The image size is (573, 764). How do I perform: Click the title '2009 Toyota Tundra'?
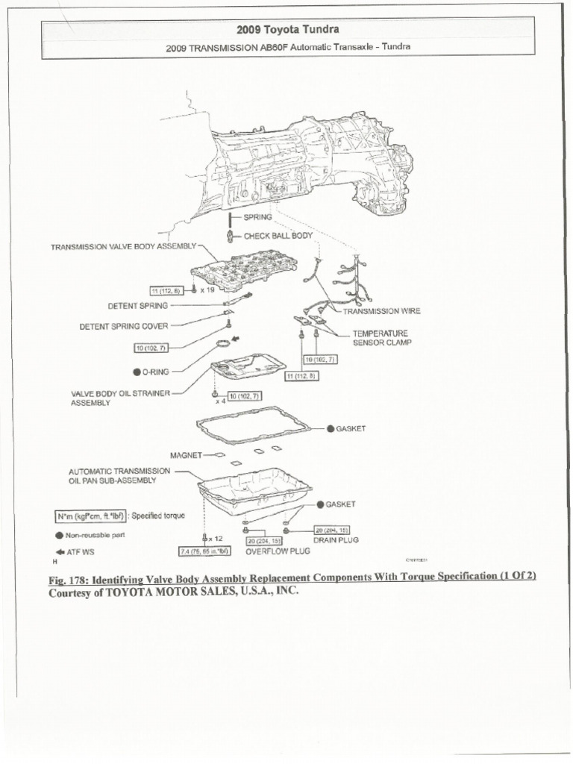(x=287, y=29)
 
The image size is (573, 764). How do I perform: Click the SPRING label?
(x=257, y=217)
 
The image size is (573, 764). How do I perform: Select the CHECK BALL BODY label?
(x=278, y=236)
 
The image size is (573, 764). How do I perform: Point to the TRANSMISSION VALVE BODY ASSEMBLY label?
(x=123, y=245)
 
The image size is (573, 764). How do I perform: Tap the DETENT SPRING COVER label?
(x=124, y=325)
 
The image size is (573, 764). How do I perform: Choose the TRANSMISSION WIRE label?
(x=381, y=311)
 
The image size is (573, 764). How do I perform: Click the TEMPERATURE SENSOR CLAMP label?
(x=381, y=338)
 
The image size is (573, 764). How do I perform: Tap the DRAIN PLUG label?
(x=336, y=539)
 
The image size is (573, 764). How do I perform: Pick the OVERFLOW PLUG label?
(x=278, y=552)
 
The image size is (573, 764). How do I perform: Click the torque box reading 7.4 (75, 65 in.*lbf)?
(x=204, y=551)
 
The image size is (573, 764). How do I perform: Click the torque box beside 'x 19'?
(x=166, y=289)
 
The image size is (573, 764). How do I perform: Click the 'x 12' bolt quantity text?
(x=216, y=538)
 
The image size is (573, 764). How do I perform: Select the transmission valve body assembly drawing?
(x=243, y=269)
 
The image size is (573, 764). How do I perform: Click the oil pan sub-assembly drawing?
(x=254, y=489)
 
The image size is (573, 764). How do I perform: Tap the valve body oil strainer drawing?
(x=248, y=367)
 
